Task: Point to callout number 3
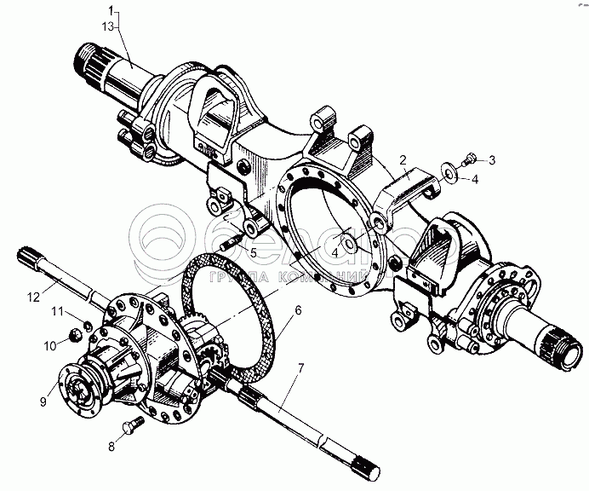[490, 159]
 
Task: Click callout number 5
[253, 251]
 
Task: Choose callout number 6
[298, 313]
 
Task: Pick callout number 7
[300, 368]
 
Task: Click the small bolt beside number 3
[469, 159]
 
